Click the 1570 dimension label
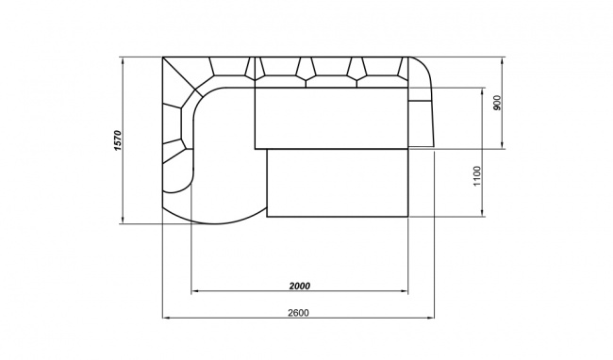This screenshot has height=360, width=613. [118, 140]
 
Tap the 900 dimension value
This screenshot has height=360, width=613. [497, 103]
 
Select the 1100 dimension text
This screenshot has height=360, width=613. [477, 176]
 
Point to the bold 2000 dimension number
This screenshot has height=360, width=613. [300, 286]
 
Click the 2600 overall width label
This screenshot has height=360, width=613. [298, 313]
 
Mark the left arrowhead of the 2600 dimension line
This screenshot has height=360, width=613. [166, 318]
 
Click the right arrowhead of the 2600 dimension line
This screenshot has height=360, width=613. [431, 318]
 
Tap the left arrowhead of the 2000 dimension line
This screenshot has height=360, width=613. [194, 291]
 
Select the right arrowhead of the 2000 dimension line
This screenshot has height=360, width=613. [405, 291]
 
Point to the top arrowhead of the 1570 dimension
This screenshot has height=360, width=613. [123, 61]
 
